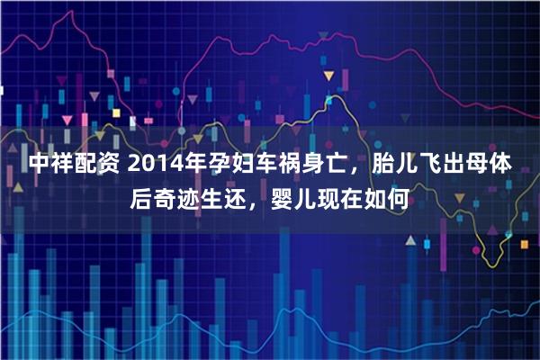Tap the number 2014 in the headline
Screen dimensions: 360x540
(x=148, y=166)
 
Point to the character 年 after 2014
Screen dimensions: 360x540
(x=192, y=166)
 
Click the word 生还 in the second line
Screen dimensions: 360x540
(x=234, y=201)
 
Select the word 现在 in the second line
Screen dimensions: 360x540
(x=348, y=201)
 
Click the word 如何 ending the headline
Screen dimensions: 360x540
(x=393, y=201)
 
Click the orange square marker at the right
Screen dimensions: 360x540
(x=524, y=243)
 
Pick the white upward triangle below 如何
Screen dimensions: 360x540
(x=409, y=241)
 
